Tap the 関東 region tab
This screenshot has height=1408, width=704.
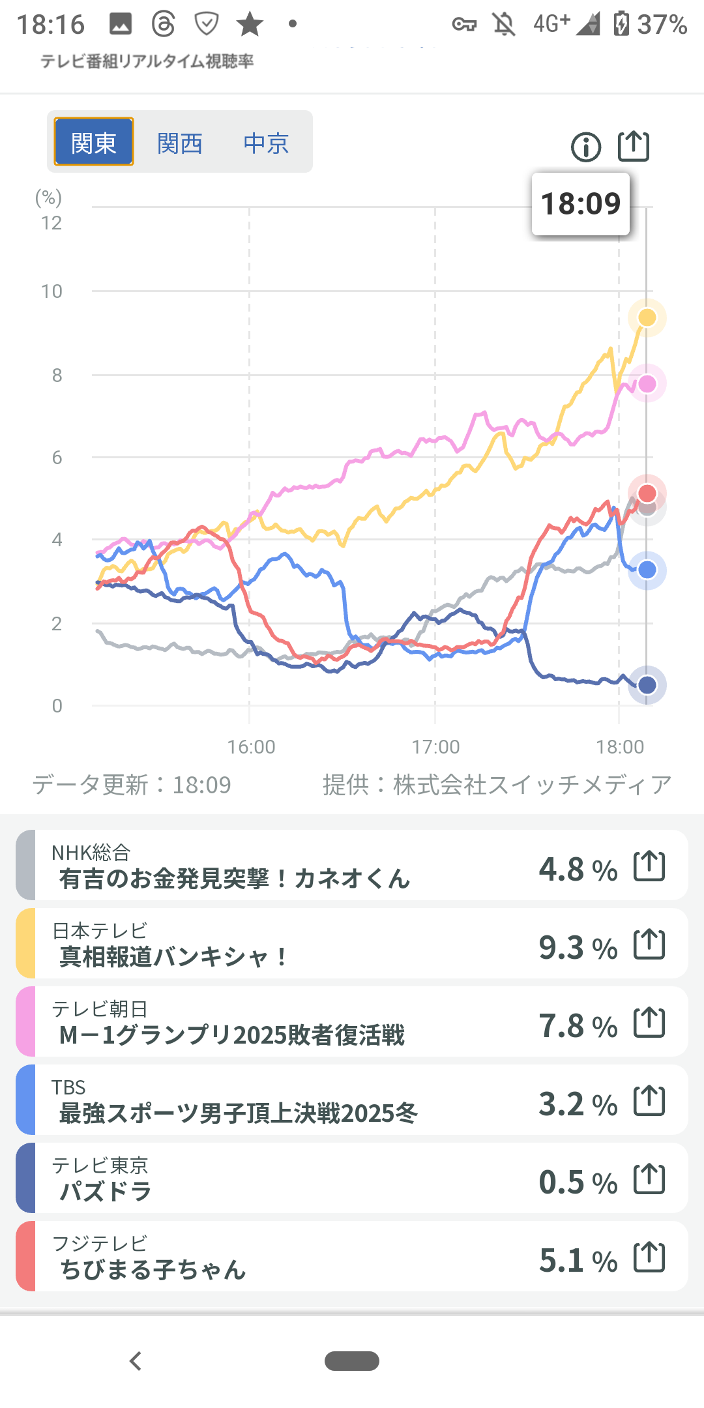point(94,142)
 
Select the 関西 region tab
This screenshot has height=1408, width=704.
point(180,143)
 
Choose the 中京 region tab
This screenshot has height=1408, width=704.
point(266,143)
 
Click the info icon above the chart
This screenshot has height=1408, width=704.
point(586,147)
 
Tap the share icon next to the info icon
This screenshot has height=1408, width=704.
point(634,146)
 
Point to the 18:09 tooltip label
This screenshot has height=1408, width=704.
point(581,204)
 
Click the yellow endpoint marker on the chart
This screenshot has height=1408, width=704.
point(647,317)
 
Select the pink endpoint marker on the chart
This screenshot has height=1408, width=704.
point(647,384)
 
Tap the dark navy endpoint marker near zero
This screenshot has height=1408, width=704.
point(647,685)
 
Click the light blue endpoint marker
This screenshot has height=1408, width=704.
point(647,570)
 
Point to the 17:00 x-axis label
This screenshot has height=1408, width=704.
point(435,746)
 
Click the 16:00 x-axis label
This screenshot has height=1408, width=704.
point(251,746)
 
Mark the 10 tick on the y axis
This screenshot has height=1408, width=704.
point(52,291)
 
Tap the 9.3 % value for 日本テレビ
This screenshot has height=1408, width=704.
point(578,948)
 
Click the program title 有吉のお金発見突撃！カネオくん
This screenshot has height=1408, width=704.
point(235,879)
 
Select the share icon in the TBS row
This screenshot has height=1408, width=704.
point(649,1101)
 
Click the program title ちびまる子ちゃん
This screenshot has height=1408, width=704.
point(153,1269)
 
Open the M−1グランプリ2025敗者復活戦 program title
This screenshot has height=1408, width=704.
point(232,1035)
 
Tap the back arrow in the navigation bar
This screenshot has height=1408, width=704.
point(136,1361)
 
